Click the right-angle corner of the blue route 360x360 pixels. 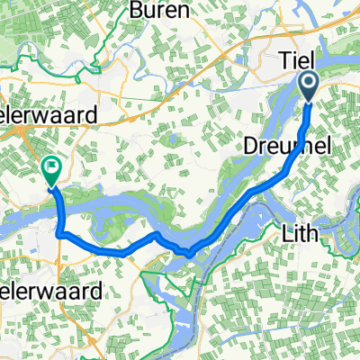[x=59, y=234]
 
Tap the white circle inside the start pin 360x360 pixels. [x=309, y=85]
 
